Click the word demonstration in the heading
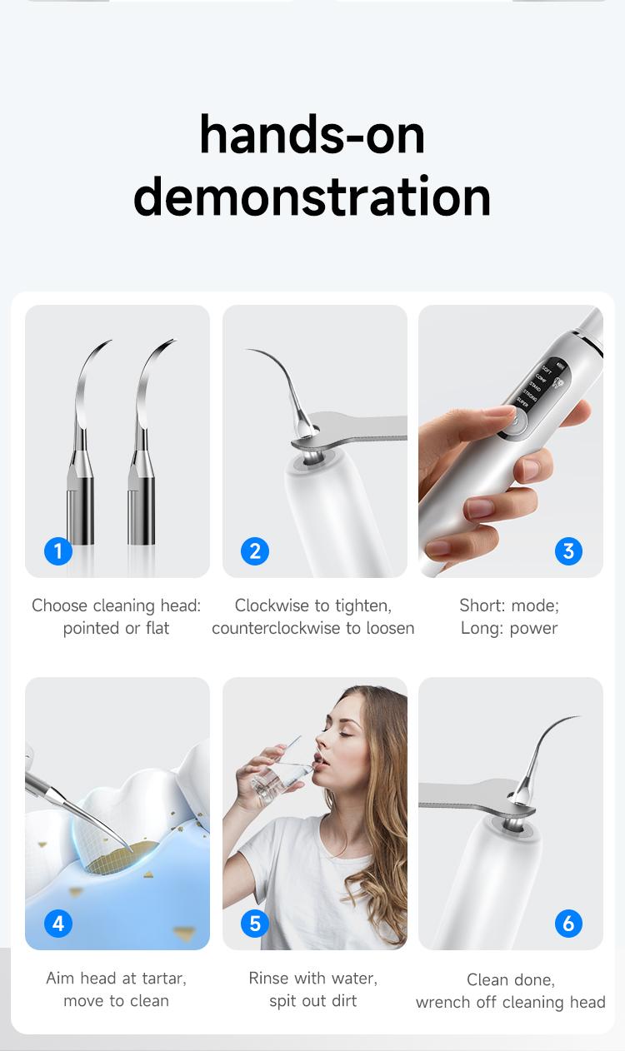coord(312,197)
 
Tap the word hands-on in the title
coord(312,135)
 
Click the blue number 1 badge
coord(57,550)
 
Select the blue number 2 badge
coord(255,550)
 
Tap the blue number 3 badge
coord(568,550)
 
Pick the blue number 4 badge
coord(57,923)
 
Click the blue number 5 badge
coord(255,923)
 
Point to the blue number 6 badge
coord(568,923)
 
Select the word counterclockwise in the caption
coord(277,628)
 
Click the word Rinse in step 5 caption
coord(268,978)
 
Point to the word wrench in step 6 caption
coord(444,1002)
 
